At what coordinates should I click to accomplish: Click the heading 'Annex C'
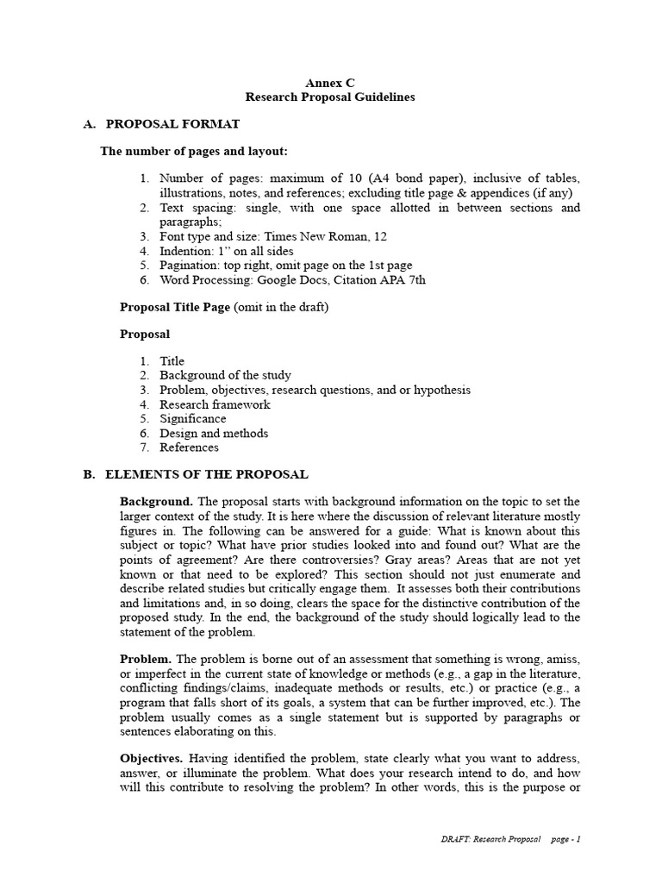coord(330,83)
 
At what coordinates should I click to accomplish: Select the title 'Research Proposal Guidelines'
coord(330,97)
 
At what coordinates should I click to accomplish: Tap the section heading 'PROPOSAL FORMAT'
coord(165,125)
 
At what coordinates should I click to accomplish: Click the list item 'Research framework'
coord(215,404)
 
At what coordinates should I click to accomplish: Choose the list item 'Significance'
coord(193,418)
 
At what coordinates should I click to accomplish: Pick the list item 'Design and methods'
coord(214,433)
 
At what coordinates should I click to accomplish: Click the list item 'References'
coord(189,448)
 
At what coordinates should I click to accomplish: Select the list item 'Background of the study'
coord(225,375)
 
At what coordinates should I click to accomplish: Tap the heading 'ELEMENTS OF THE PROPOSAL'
coord(206,475)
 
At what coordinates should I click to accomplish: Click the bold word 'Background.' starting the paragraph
coord(156,501)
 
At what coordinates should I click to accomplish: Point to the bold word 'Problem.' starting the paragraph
coord(147,660)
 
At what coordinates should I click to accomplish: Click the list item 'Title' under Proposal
coord(172,361)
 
